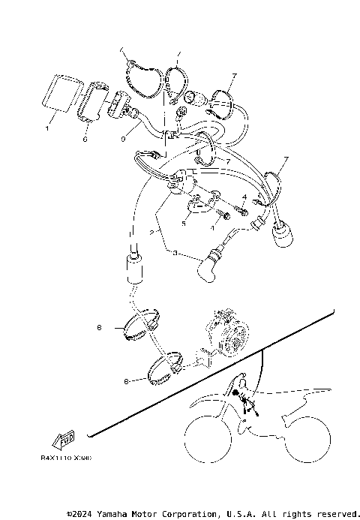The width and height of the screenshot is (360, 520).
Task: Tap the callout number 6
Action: tap(85, 139)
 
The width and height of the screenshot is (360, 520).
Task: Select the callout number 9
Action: tap(122, 139)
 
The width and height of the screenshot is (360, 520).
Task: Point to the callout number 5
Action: tap(183, 223)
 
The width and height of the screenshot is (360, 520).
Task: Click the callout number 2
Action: tap(152, 234)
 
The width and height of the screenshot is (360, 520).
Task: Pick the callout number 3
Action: tap(176, 255)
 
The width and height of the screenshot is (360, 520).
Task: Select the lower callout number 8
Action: tap(126, 381)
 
